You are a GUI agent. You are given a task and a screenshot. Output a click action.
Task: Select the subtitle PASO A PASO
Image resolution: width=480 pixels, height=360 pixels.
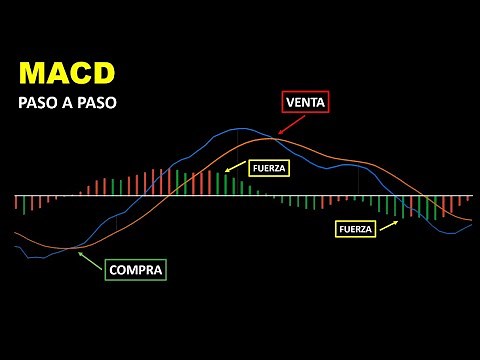click(x=59, y=104)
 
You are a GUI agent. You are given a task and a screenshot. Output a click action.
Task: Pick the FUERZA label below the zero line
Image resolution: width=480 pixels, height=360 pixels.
click(x=355, y=229)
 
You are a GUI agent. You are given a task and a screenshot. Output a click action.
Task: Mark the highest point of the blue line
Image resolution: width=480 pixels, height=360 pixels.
click(x=237, y=129)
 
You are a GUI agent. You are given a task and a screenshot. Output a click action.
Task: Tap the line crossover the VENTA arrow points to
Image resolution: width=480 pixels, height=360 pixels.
click(x=272, y=138)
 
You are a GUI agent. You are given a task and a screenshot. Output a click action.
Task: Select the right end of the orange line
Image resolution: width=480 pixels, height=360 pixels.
click(x=471, y=218)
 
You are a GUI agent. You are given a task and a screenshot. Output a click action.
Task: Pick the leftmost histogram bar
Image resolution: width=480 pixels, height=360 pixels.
click(x=17, y=203)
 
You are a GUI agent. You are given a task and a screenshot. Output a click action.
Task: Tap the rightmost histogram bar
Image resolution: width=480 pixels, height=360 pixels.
click(x=468, y=203)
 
